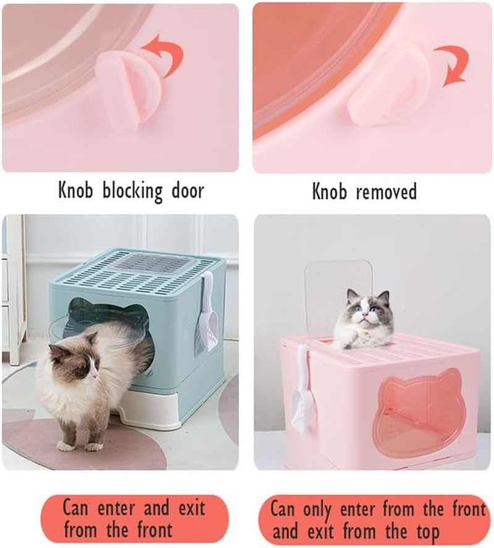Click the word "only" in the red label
pos(316,510)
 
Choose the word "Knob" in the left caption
pos(77,191)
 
